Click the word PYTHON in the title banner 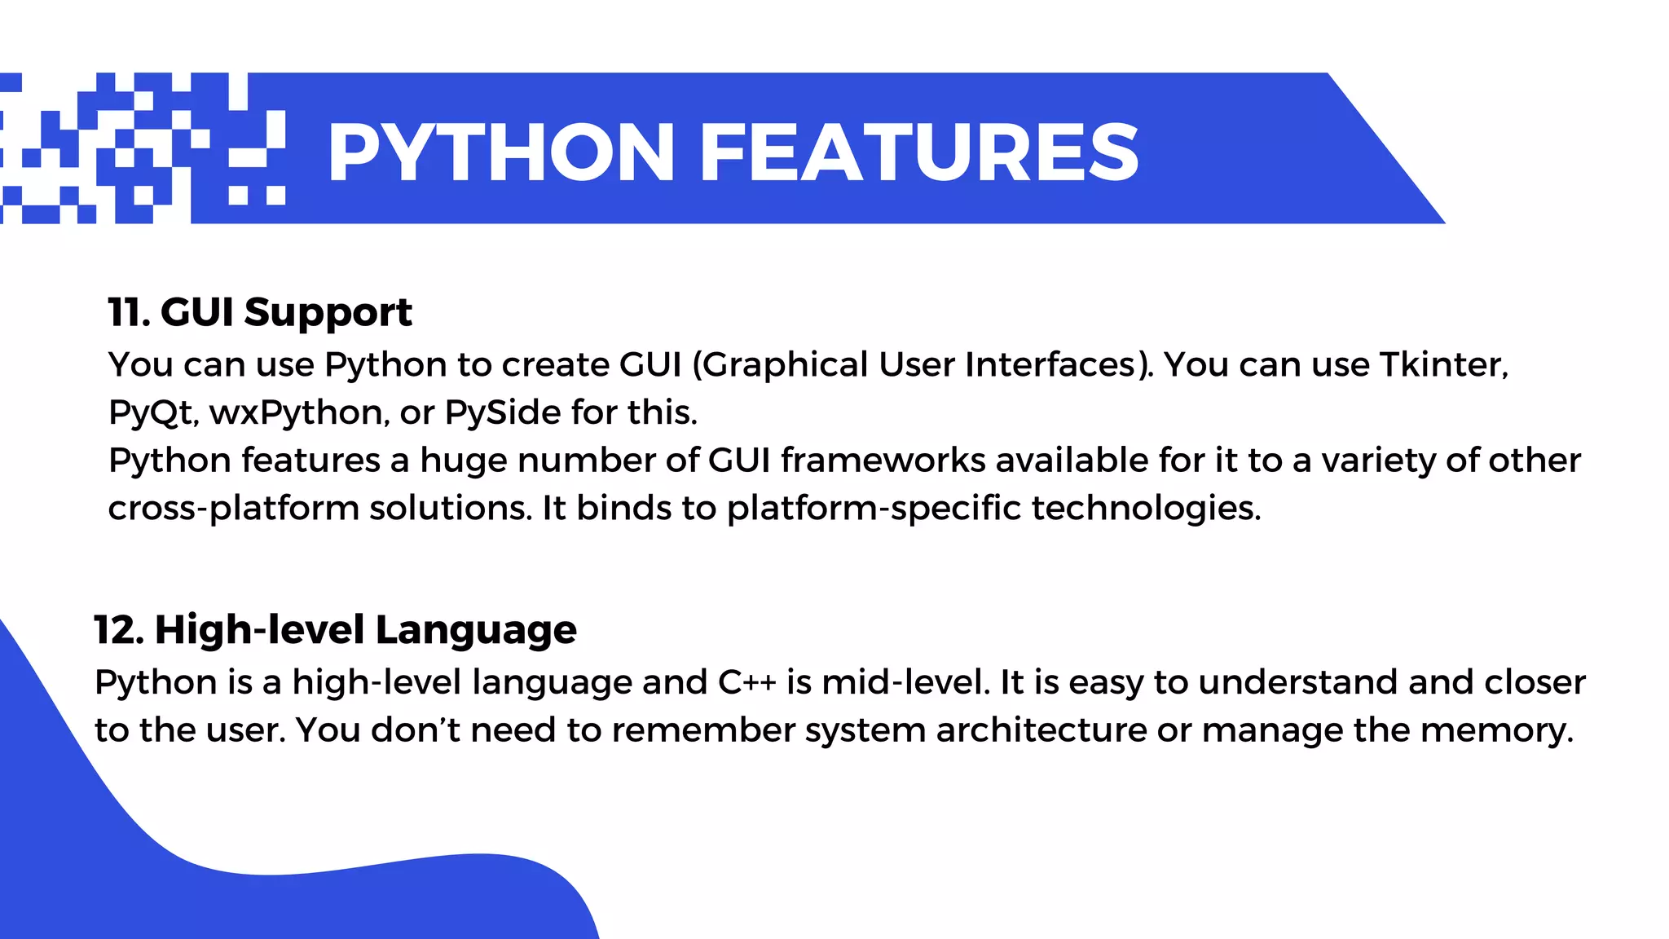tap(500, 152)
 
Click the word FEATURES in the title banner tap(918, 152)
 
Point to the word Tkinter tap(1443, 364)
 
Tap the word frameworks tap(883, 461)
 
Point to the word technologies tap(1146, 509)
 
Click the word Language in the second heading tap(476, 631)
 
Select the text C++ tap(746, 682)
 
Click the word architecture tap(1041, 730)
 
